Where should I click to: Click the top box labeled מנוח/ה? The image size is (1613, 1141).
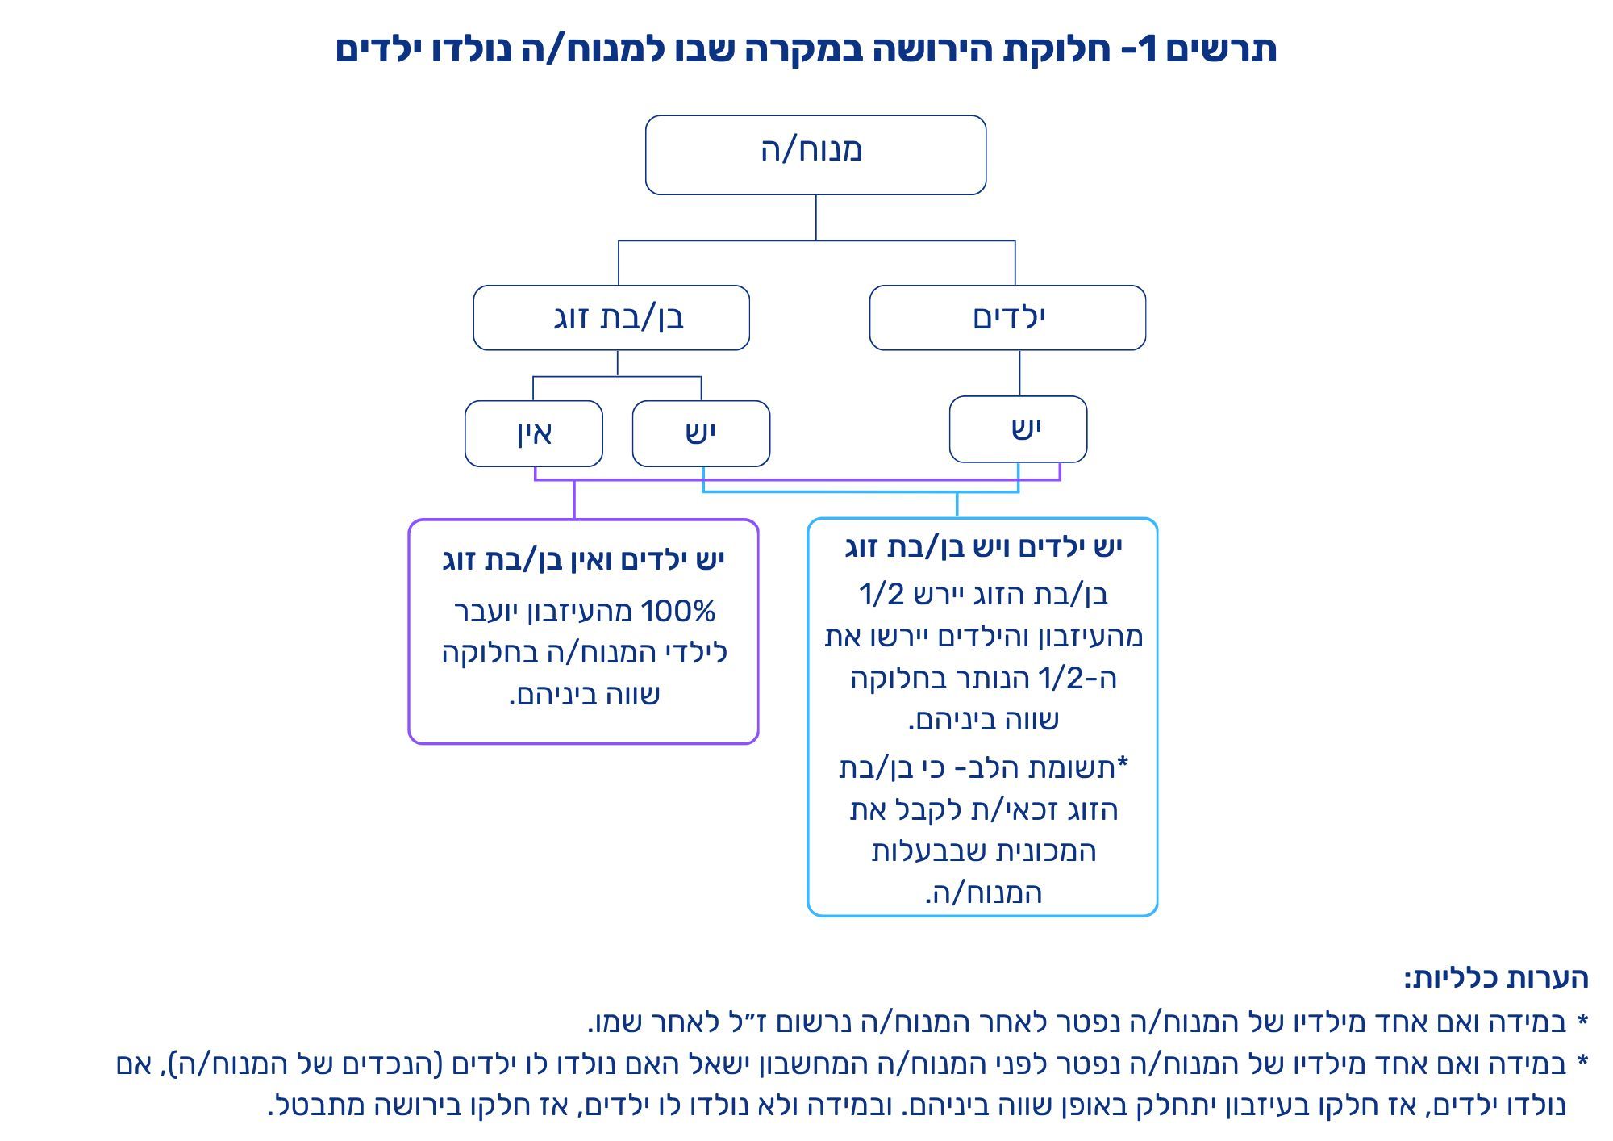815,155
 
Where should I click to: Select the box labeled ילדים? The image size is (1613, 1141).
1007,317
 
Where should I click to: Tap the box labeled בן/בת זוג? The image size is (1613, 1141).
611,317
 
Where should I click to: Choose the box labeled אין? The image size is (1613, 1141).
534,433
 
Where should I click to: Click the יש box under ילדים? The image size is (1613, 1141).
1018,429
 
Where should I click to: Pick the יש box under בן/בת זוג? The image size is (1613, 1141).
701,433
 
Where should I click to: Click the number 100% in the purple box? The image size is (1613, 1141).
678,612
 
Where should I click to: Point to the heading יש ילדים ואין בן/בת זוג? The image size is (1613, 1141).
584,559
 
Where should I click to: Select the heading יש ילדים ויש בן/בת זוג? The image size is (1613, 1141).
983,547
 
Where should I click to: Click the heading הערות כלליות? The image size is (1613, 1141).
1496,978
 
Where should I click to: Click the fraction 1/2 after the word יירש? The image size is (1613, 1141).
882,595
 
